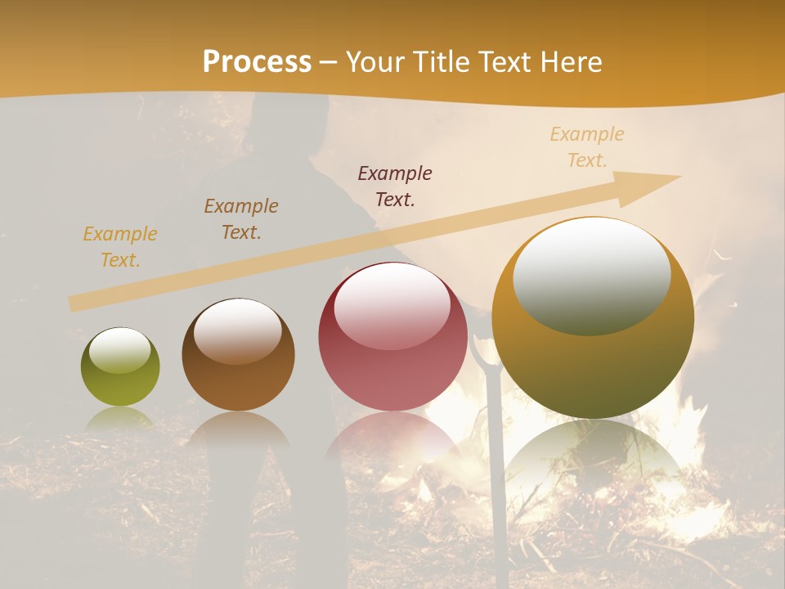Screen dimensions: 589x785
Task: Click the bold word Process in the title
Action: pos(257,61)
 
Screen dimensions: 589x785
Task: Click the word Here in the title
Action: pos(572,61)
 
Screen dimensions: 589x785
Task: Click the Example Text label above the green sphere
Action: pos(120,247)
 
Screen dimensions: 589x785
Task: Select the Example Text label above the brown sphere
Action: pos(241,219)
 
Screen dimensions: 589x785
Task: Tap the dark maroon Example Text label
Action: pos(395,187)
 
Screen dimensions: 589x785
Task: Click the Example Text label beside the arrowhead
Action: pos(587,147)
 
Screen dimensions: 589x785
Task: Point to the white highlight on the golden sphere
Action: pos(591,274)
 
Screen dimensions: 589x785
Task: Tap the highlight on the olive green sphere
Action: pos(119,350)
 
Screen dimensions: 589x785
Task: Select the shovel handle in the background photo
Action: pos(493,458)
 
